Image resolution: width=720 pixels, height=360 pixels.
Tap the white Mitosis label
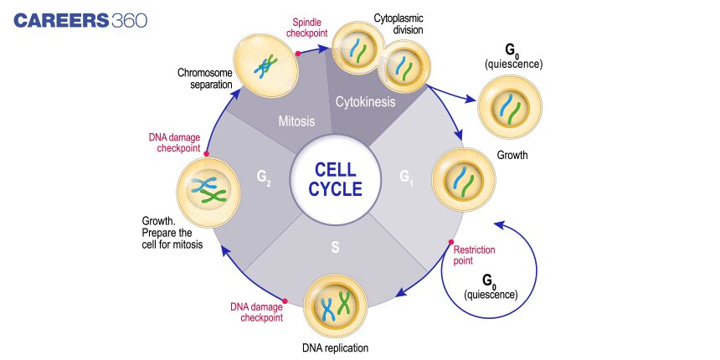[297, 121]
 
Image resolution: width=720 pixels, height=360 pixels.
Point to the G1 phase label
[406, 177]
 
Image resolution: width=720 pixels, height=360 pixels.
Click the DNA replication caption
[335, 346]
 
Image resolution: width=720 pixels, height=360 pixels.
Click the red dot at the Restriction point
[451, 243]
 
